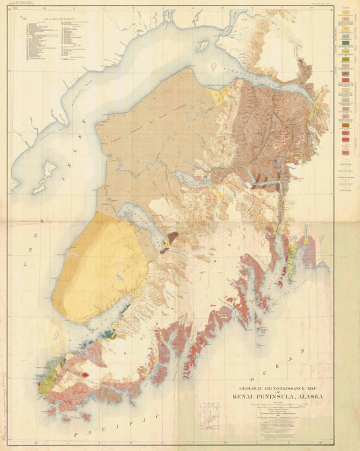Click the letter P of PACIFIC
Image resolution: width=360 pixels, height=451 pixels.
click(x=76, y=434)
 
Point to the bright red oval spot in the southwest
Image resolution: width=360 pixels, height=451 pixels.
click(x=86, y=374)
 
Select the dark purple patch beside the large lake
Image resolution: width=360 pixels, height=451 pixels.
click(x=173, y=237)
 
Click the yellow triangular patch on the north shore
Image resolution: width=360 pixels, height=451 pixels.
click(x=218, y=97)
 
